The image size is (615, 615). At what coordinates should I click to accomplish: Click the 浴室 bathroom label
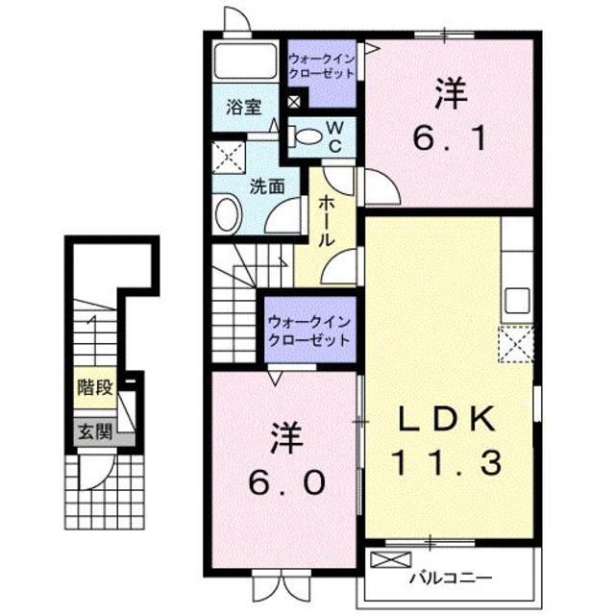pos(244,107)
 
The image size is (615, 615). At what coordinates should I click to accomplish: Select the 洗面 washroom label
pos(268,186)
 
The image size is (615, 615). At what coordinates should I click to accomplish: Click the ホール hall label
pos(328,221)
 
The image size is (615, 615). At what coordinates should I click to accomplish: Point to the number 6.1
pos(449,121)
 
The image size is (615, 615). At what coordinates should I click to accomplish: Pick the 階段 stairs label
pos(96,388)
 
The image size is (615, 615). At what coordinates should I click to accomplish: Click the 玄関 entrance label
pos(96,432)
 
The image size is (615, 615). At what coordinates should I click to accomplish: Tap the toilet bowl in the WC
pos(307,136)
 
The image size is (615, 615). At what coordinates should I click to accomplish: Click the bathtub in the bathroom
pos(245,62)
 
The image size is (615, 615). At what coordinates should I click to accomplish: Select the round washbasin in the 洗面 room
pos(228,213)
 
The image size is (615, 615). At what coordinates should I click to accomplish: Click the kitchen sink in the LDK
pos(517,298)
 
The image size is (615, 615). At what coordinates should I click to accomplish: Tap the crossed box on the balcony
pos(397,559)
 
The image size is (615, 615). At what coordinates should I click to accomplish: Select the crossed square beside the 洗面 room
pos(228,154)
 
